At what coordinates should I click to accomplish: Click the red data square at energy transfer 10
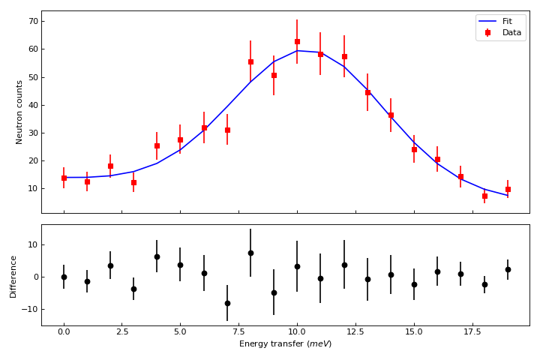297,42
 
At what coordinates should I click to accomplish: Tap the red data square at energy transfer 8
250,61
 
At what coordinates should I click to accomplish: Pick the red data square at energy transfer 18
484,196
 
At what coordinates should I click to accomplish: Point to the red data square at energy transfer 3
133,182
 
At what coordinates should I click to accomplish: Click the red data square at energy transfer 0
64,178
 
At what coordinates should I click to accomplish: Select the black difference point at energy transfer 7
227,303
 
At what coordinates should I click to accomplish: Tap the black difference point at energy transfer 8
250,253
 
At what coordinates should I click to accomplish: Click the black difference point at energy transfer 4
157,256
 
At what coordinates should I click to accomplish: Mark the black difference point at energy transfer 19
508,269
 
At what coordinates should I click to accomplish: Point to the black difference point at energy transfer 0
64,277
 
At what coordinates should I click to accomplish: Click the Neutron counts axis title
19,112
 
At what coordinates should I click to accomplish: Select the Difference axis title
13,276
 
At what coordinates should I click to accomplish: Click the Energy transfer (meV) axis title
285,344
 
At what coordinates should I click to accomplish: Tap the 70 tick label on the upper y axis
33,21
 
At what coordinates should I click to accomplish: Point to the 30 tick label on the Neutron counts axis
33,133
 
